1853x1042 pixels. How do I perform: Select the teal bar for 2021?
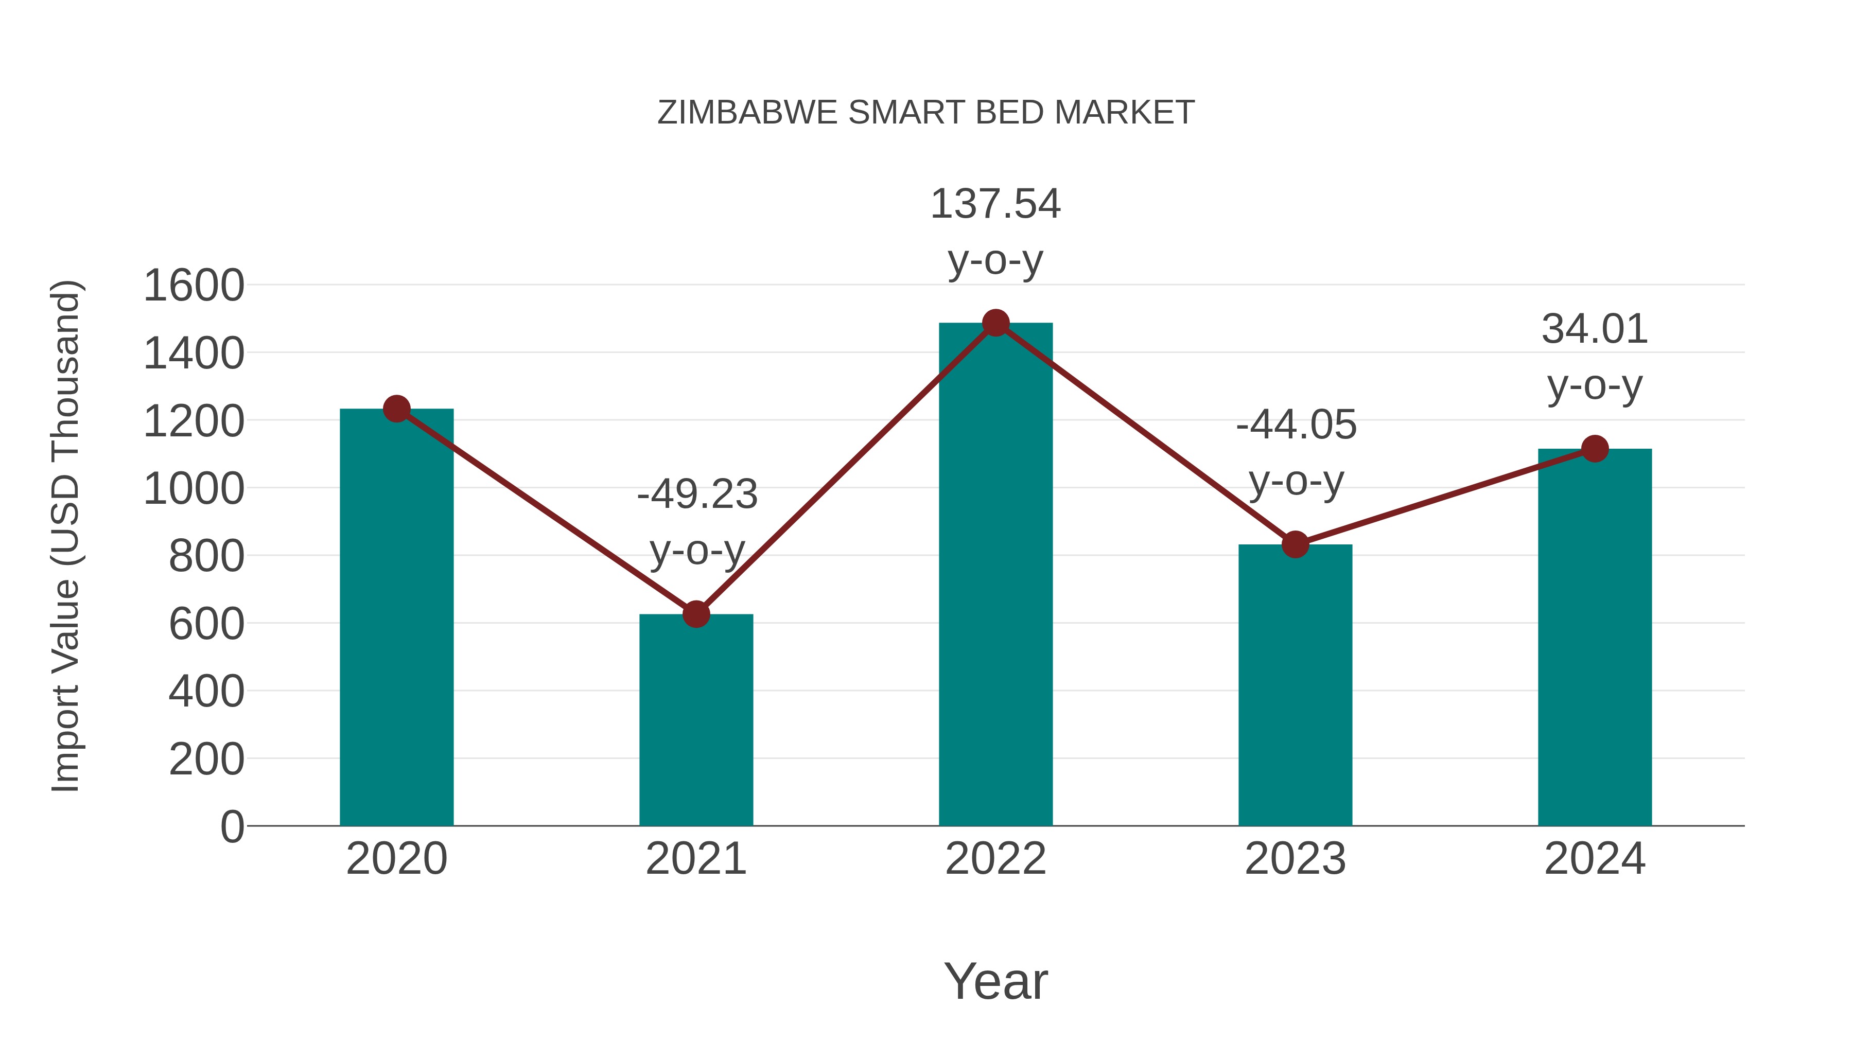click(695, 719)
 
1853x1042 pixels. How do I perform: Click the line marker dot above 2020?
click(396, 409)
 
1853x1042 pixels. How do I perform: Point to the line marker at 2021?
click(695, 614)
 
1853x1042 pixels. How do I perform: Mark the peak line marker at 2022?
click(995, 323)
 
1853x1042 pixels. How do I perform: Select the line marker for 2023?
click(1295, 544)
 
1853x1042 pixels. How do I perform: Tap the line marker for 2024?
click(1595, 449)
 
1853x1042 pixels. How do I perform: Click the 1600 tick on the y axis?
click(194, 286)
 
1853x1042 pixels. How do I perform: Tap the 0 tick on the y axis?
click(232, 826)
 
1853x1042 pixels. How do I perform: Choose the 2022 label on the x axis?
click(995, 859)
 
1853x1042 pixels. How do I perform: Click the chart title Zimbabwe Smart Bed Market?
click(926, 113)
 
